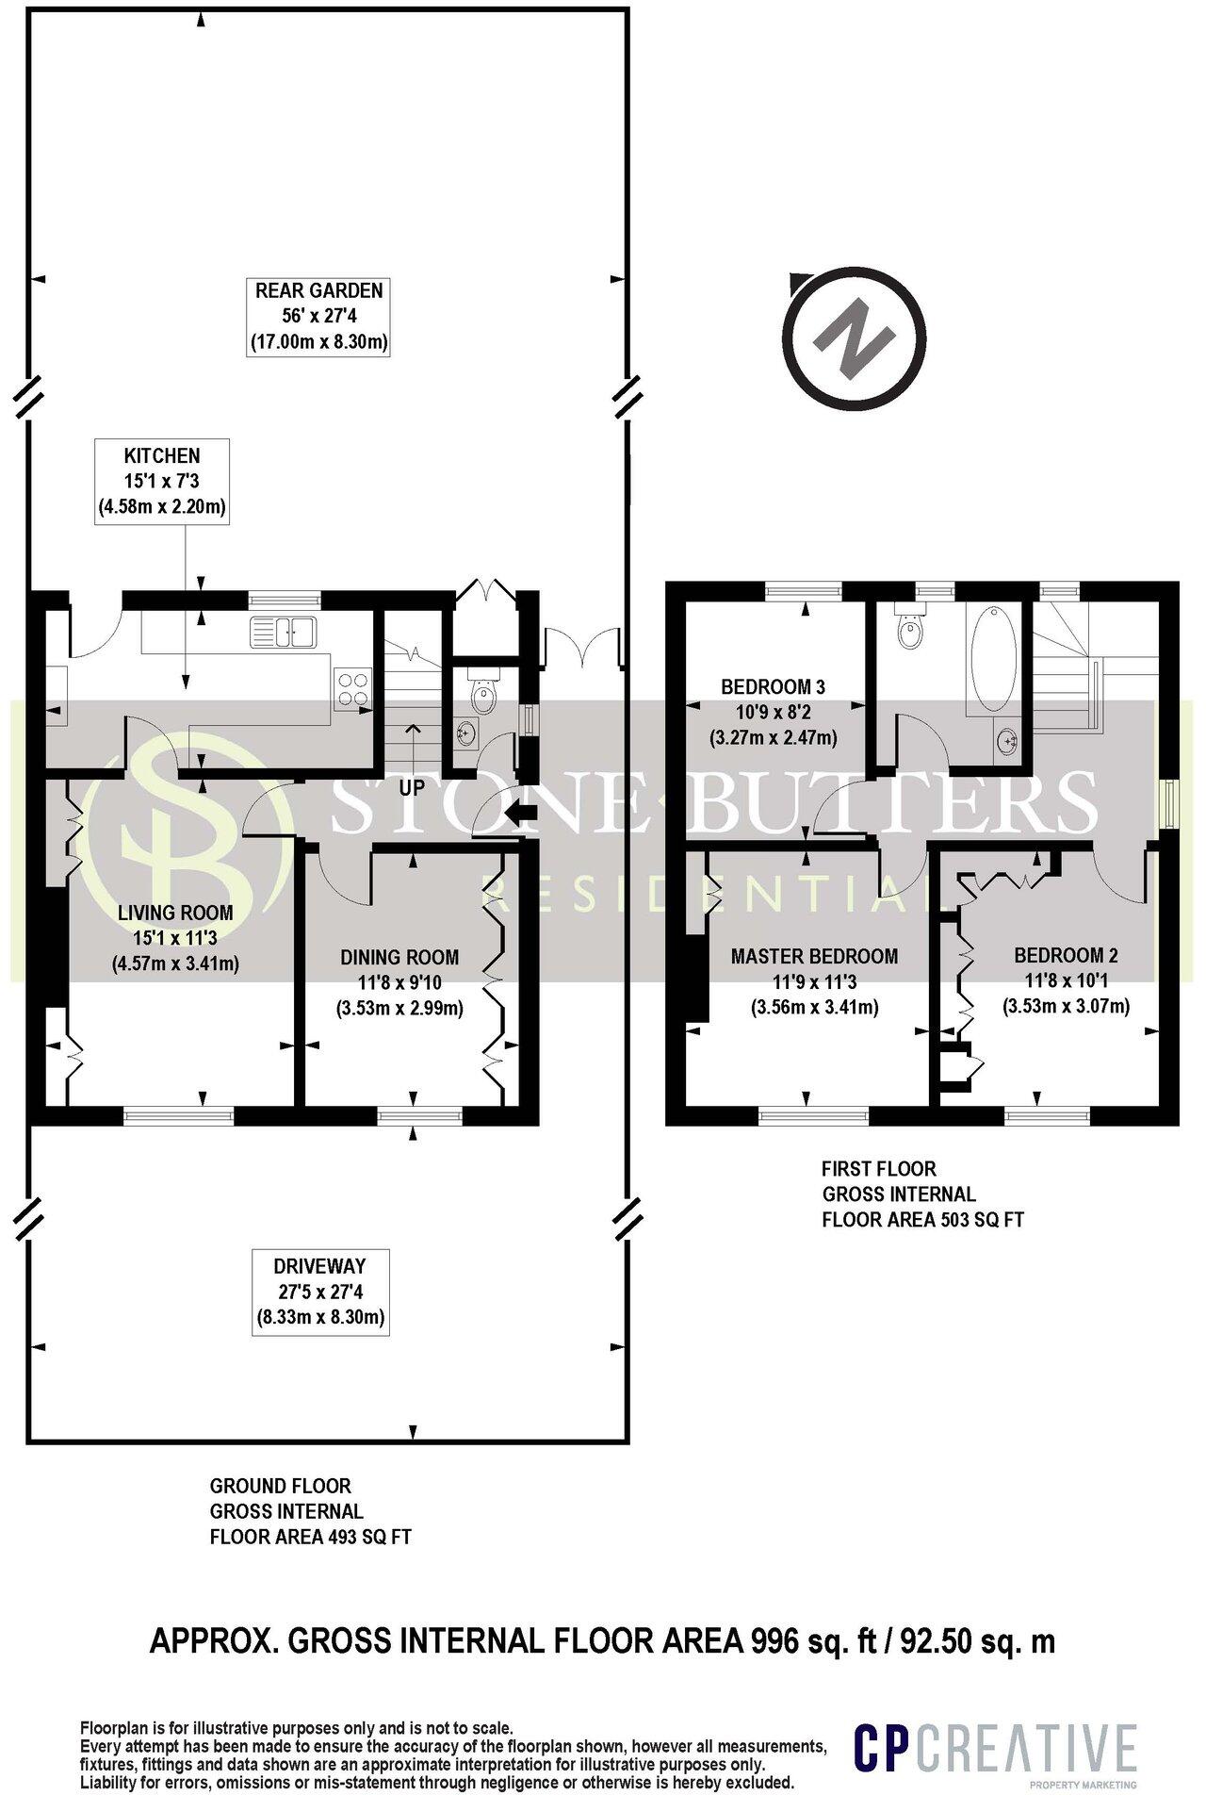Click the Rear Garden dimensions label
pos(318,316)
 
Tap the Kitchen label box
pos(163,481)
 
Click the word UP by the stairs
pos(412,787)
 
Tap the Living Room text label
pos(174,938)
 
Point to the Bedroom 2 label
pos(1066,980)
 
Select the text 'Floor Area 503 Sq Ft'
pos(922,1219)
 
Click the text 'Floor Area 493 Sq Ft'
pos(310,1537)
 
